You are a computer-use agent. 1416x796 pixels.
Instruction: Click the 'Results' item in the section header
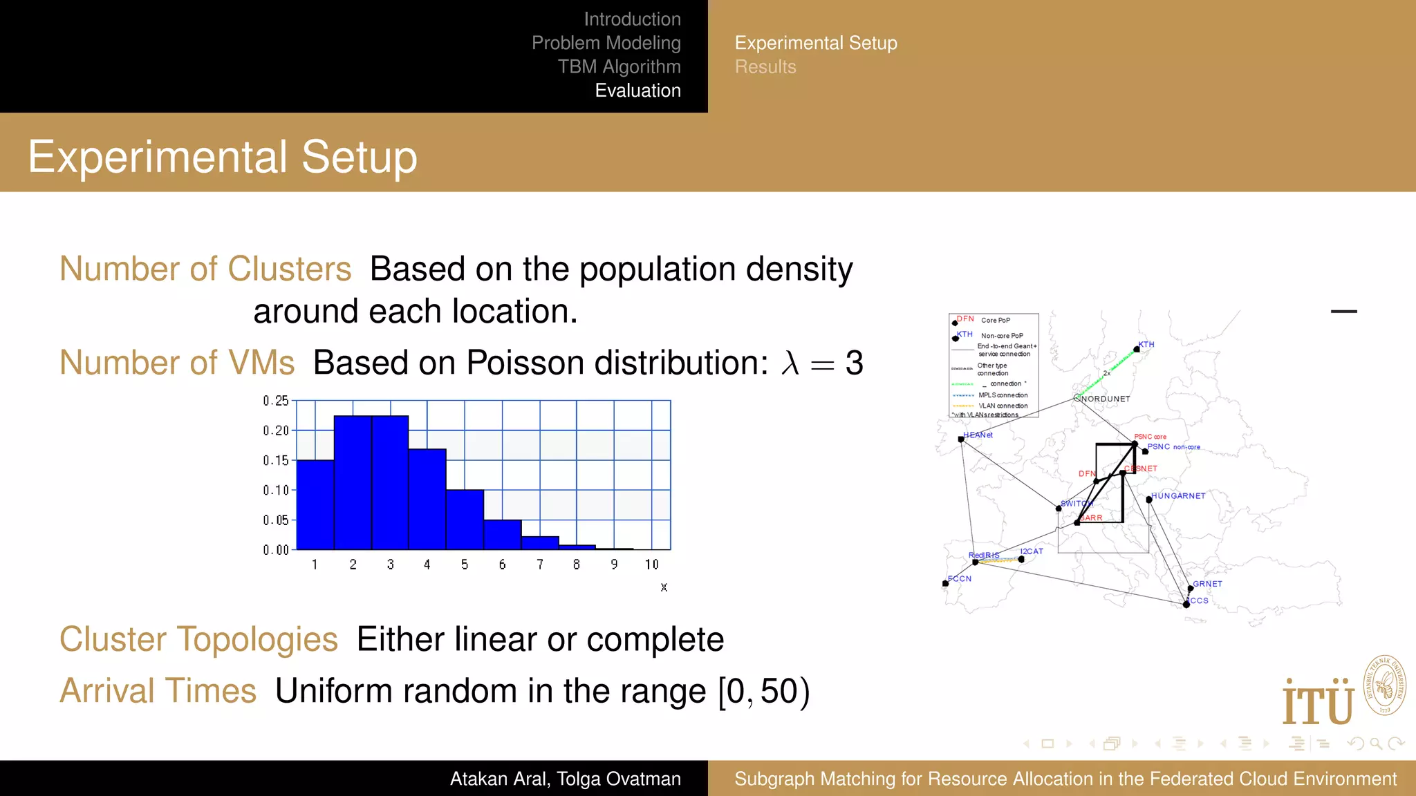[x=765, y=67]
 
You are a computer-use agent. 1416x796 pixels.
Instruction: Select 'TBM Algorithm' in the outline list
[x=619, y=66]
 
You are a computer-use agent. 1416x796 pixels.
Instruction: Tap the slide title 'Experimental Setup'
[x=223, y=157]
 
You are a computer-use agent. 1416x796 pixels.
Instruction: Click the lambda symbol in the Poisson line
[x=790, y=363]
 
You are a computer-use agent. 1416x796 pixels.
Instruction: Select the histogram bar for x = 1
[x=315, y=504]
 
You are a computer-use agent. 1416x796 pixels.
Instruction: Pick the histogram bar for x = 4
[x=427, y=499]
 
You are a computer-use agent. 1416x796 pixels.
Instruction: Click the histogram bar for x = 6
[x=502, y=535]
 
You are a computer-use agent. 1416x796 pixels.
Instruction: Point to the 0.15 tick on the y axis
[x=275, y=460]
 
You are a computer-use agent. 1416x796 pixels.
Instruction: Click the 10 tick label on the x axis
[x=651, y=565]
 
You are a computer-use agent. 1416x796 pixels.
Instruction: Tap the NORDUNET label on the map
[x=1106, y=399]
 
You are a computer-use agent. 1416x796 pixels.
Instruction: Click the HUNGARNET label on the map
[x=1178, y=496]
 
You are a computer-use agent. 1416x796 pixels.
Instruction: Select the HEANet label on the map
[x=978, y=435]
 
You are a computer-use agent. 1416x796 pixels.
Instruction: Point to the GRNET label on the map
[x=1207, y=584]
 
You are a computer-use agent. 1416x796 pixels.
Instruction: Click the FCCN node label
[x=960, y=579]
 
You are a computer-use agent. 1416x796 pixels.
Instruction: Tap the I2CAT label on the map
[x=1032, y=551]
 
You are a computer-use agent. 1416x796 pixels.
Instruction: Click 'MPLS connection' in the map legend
[x=1003, y=395]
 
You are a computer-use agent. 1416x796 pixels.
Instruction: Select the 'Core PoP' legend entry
[x=996, y=320]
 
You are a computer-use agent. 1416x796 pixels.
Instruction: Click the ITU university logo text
[x=1318, y=703]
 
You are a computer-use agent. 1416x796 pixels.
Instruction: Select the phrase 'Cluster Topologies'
[x=198, y=639]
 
